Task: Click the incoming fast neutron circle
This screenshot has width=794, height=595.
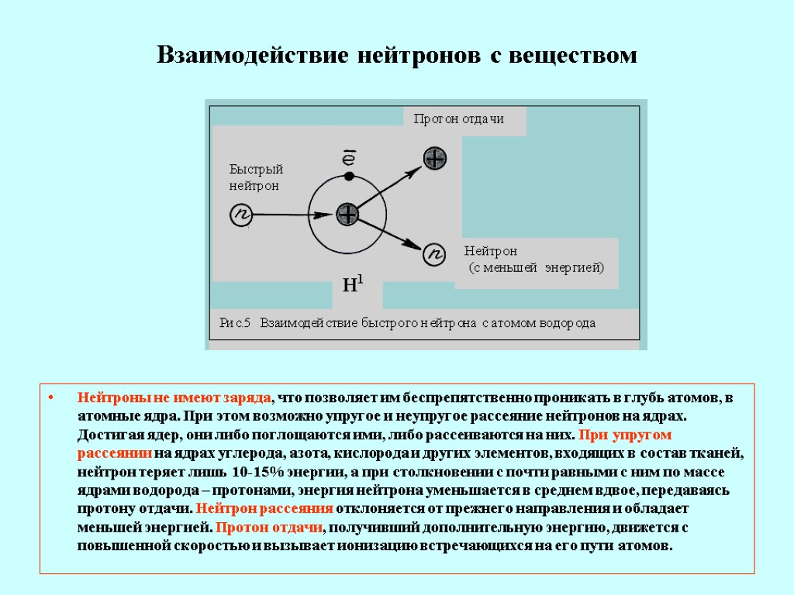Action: [x=241, y=215]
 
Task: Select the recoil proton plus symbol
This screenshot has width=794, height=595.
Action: [x=435, y=158]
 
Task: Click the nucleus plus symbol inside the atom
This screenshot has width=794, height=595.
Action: [x=347, y=215]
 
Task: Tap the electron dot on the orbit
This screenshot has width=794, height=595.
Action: [x=349, y=177]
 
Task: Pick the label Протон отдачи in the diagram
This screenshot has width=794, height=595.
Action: [x=459, y=119]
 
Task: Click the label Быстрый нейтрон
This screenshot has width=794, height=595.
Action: [x=256, y=177]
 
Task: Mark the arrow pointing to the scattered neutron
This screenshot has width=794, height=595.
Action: [x=392, y=235]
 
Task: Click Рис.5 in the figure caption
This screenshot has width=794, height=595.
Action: [x=236, y=323]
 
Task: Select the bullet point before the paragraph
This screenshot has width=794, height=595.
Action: [x=50, y=399]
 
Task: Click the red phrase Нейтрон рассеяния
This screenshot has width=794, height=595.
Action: [x=265, y=508]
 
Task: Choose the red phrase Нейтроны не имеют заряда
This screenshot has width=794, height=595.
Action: [x=174, y=398]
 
